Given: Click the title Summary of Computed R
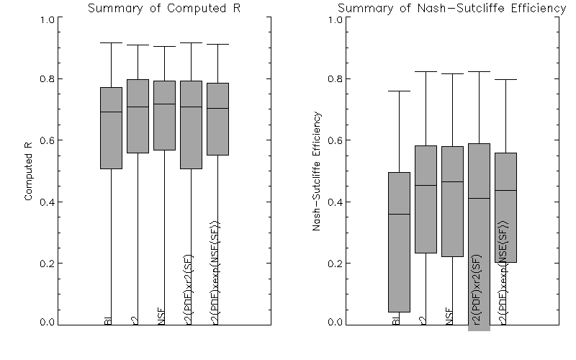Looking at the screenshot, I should click(x=163, y=9).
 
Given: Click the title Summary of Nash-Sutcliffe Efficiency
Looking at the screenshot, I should click(x=451, y=9).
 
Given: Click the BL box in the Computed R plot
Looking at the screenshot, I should click(x=111, y=128).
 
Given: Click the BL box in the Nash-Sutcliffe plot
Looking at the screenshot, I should click(x=399, y=242).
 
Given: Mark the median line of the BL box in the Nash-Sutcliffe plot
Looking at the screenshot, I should click(x=399, y=214).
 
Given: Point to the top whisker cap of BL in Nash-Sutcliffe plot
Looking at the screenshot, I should click(x=399, y=91).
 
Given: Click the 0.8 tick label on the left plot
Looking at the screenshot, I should click(x=45, y=79).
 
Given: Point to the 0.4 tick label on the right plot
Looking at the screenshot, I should click(x=333, y=202).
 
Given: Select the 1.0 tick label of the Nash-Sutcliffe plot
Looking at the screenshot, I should click(x=333, y=19).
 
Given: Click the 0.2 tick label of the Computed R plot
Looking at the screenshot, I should click(x=45, y=264).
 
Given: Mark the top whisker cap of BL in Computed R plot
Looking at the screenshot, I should click(x=111, y=42).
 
